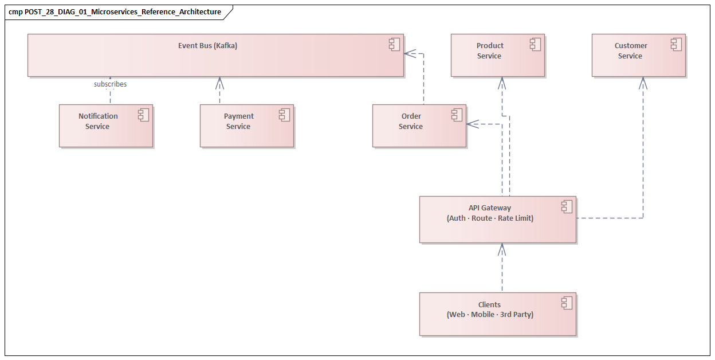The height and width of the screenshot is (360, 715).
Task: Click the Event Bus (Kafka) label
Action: (207, 46)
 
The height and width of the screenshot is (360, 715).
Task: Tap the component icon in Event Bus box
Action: (394, 44)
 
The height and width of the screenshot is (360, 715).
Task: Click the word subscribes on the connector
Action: (110, 84)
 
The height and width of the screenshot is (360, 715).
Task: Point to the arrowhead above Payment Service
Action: (219, 82)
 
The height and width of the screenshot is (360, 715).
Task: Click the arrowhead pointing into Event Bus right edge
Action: (408, 53)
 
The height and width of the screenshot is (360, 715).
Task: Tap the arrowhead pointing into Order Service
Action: (472, 124)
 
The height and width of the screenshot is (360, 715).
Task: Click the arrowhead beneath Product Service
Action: (502, 82)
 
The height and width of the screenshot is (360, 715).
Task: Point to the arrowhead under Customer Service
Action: (643, 82)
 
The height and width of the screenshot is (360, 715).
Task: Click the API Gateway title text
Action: (489, 208)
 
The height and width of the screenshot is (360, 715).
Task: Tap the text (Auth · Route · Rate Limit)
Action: (490, 218)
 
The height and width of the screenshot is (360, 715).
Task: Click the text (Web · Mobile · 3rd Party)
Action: (490, 315)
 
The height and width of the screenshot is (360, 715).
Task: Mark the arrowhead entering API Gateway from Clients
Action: (502, 248)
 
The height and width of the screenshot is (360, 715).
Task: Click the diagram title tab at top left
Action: (115, 12)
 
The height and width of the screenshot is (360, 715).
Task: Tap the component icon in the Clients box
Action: (567, 303)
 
